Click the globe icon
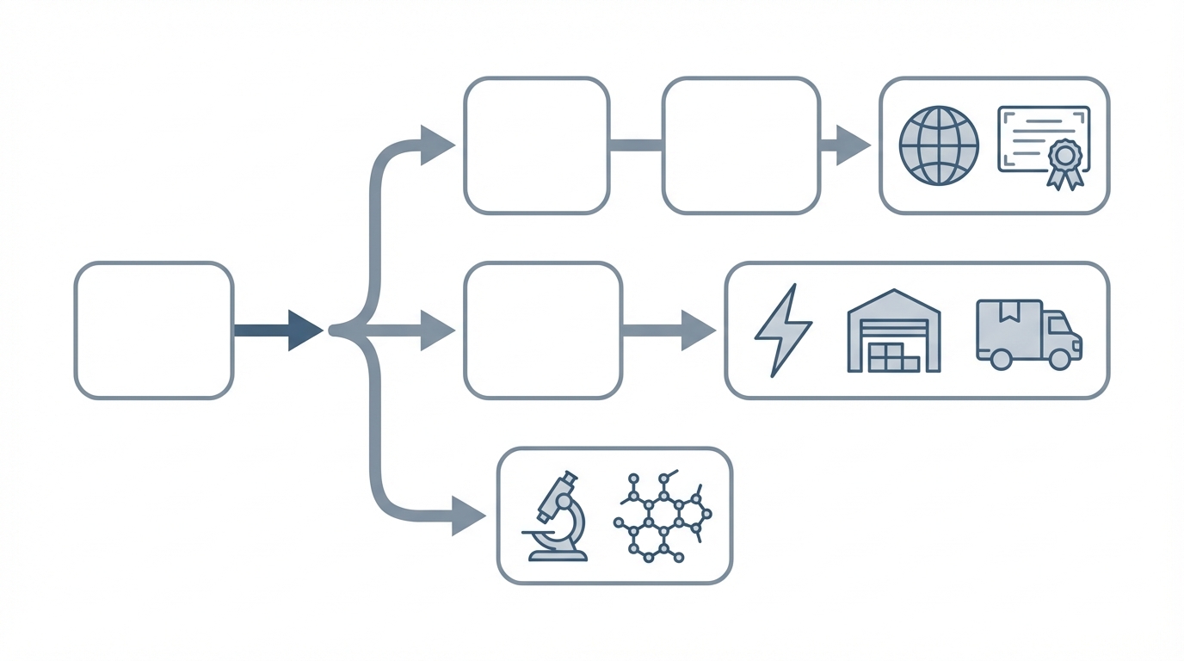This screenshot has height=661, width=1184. pyautogui.click(x=939, y=145)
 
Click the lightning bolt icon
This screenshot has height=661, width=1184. pyautogui.click(x=782, y=331)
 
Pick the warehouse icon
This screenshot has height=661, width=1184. pyautogui.click(x=894, y=331)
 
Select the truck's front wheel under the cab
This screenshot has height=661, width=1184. pyautogui.click(x=1061, y=359)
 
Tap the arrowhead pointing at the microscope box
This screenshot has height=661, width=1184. pyautogui.click(x=467, y=516)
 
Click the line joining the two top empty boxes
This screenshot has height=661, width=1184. pyautogui.click(x=636, y=145)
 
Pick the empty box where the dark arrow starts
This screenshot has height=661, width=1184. pyautogui.click(x=153, y=330)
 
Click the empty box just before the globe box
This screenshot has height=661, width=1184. pyautogui.click(x=741, y=145)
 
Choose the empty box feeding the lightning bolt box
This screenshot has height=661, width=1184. pyautogui.click(x=542, y=330)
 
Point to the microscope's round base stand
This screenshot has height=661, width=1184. pyautogui.click(x=558, y=555)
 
